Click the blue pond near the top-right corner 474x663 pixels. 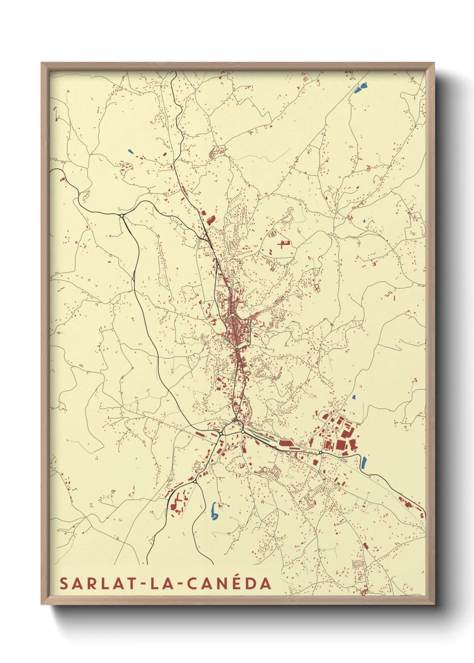pyautogui.click(x=361, y=87)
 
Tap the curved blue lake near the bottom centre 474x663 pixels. pyautogui.click(x=214, y=511)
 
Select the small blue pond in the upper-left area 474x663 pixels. pyautogui.click(x=130, y=151)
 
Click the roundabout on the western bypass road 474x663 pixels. pyautogui.click(x=121, y=216)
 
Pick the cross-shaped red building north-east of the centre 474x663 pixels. pyautogui.click(x=283, y=244)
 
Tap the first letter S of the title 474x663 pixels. pyautogui.click(x=64, y=584)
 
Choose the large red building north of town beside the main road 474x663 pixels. pyautogui.click(x=209, y=220)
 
